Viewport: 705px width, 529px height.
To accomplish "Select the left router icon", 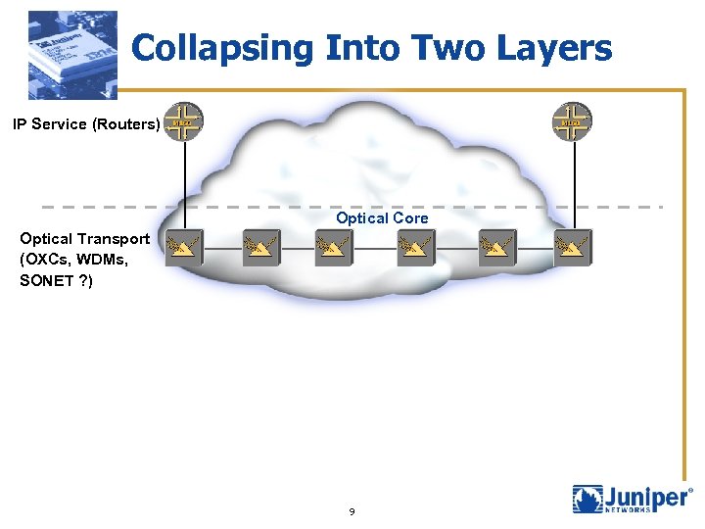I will point(184,122).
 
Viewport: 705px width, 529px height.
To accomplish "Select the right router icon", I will point(572,122).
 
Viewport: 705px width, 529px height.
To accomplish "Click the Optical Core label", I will point(382,217).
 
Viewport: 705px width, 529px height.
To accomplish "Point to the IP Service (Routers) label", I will point(85,124).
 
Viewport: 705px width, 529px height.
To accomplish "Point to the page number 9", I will point(352,512).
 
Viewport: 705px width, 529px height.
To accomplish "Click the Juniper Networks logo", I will point(632,498).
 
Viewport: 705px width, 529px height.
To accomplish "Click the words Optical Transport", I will point(85,238).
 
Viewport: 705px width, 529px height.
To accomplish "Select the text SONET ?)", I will point(57,280).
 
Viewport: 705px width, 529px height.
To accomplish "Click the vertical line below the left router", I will point(184,186).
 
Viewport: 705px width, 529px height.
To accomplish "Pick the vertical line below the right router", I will point(572,186).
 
